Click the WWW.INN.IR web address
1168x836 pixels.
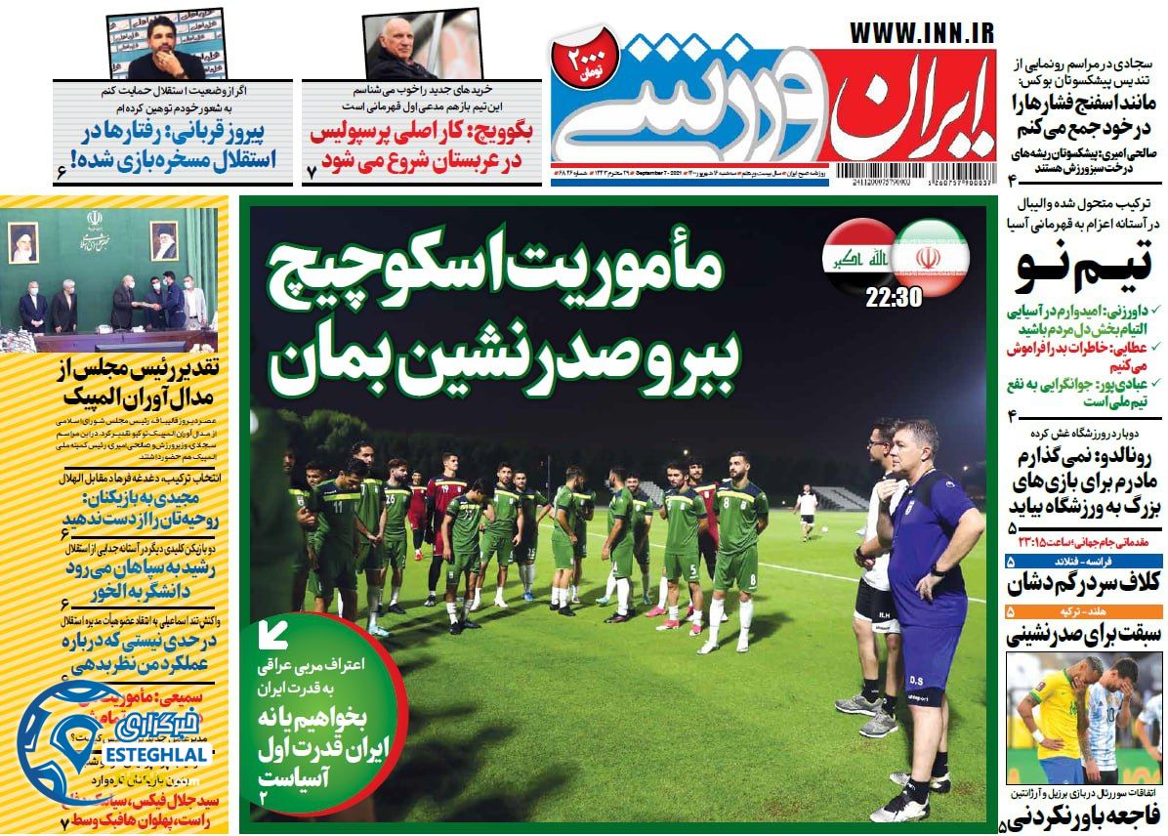point(920,32)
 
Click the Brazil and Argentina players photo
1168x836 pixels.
point(1084,718)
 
